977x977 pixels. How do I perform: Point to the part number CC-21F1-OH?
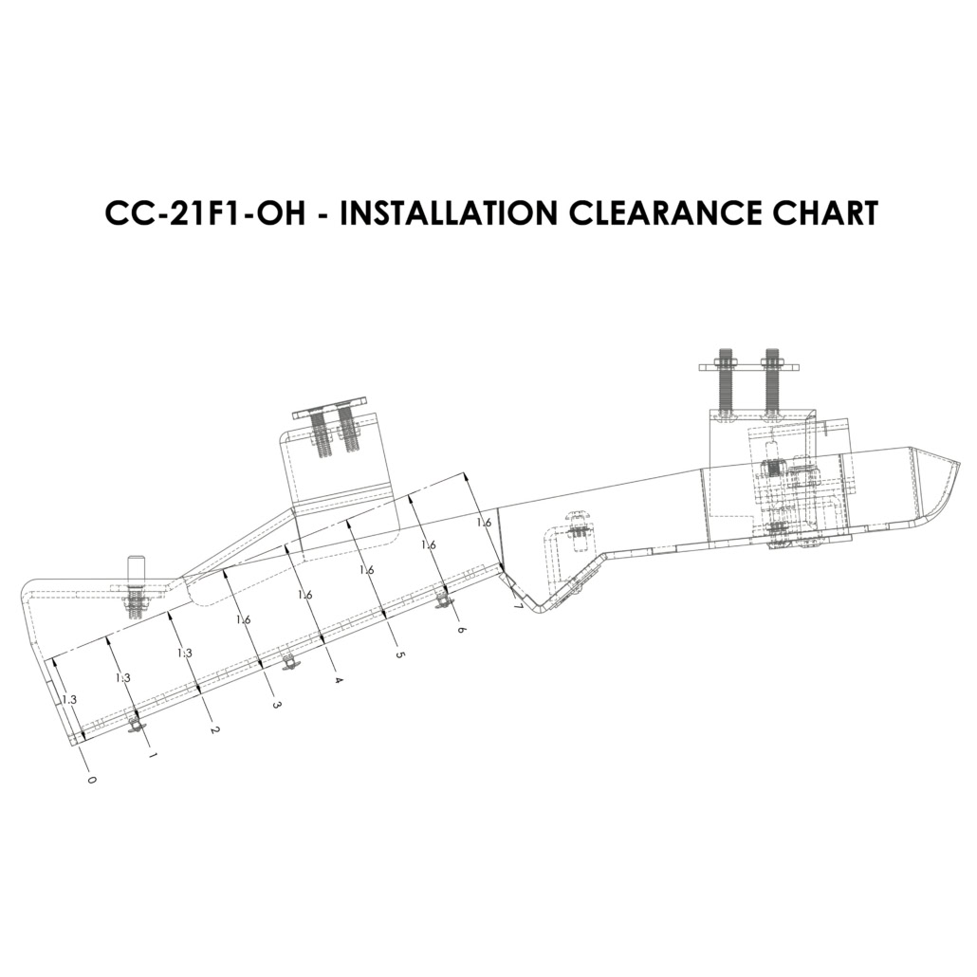206,213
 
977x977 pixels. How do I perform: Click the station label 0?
92,780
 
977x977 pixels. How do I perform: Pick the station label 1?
153,755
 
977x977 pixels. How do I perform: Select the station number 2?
213,729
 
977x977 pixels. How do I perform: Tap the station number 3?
275,705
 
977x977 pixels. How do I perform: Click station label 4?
339,680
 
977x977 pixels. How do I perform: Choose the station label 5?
400,654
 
